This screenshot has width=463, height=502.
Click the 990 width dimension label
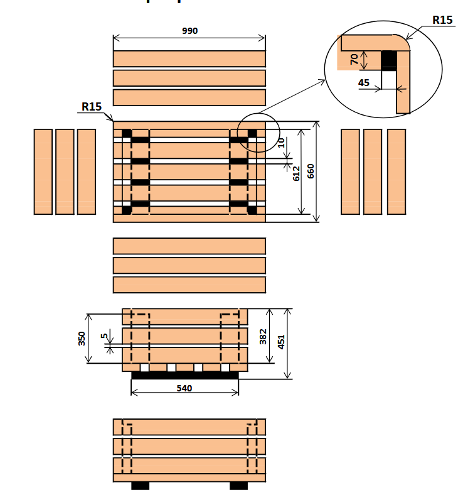(x=189, y=31)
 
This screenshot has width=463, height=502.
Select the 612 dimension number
(x=296, y=173)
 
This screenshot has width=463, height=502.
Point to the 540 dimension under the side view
(x=184, y=388)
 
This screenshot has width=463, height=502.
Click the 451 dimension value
(x=282, y=342)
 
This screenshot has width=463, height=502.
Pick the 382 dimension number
(x=263, y=337)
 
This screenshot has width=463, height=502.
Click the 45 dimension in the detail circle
(x=364, y=82)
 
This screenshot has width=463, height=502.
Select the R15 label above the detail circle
(x=442, y=20)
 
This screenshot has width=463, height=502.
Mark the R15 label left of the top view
(x=91, y=107)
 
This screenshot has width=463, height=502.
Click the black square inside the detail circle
(x=390, y=60)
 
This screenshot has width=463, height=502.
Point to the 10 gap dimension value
(x=282, y=143)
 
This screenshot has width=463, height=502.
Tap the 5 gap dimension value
(x=104, y=336)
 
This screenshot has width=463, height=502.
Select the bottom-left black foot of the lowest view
(x=140, y=486)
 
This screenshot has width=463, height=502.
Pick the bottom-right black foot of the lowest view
(x=238, y=486)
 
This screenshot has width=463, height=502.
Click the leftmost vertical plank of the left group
(x=43, y=172)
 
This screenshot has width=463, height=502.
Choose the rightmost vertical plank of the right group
(x=396, y=172)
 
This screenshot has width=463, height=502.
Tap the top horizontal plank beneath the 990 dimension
(x=189, y=58)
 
